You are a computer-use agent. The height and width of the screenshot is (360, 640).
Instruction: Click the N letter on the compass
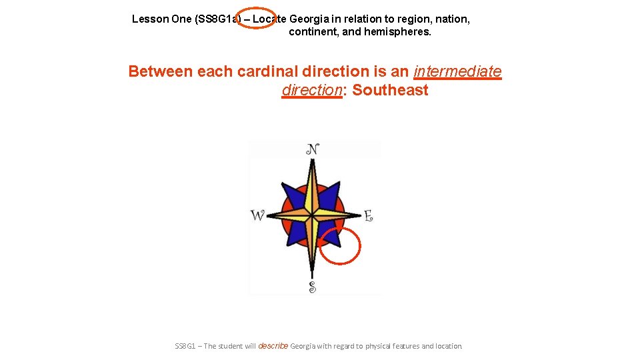point(312,149)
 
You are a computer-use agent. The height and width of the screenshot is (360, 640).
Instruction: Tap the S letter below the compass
point(312,287)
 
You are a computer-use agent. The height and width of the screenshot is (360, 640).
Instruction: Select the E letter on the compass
point(367,215)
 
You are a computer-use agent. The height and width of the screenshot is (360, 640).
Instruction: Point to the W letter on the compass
point(257,215)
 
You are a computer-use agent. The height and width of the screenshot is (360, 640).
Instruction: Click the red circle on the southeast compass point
point(340,246)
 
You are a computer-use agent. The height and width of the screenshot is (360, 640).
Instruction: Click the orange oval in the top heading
point(256,18)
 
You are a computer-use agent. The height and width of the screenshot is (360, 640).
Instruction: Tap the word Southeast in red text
point(390,90)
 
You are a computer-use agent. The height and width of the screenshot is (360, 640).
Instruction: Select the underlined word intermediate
point(457,71)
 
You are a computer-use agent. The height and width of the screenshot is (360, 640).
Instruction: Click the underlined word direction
point(311,90)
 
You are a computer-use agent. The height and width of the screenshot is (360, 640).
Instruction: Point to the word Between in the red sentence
point(161,71)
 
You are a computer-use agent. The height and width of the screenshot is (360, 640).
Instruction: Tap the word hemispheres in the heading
point(397,31)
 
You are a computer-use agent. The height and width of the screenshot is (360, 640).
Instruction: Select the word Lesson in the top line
point(150,19)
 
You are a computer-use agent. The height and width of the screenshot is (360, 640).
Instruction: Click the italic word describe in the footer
point(272,346)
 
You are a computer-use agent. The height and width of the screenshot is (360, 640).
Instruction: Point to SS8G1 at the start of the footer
point(185,346)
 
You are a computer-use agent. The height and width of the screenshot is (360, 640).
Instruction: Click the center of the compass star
point(312,214)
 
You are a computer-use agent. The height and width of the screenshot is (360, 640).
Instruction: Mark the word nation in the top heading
point(453,19)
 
